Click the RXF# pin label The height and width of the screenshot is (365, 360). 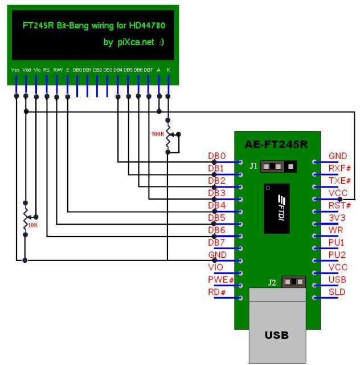tap(340, 168)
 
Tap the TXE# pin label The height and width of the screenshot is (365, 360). tap(340, 181)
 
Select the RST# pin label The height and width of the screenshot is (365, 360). tap(340, 205)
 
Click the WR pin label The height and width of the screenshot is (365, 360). tap(336, 230)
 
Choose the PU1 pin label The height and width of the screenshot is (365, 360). tap(337, 242)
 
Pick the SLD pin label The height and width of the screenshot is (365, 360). tap(337, 292)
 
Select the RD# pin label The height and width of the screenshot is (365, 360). tap(217, 292)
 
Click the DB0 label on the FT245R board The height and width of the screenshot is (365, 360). tap(217, 156)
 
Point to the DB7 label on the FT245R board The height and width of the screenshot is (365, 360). tap(217, 242)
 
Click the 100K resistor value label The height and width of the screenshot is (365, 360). tap(157, 134)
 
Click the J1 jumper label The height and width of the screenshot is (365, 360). tap(253, 165)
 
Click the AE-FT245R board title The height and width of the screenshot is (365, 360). tap(277, 145)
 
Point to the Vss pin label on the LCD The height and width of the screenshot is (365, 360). tap(15, 70)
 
